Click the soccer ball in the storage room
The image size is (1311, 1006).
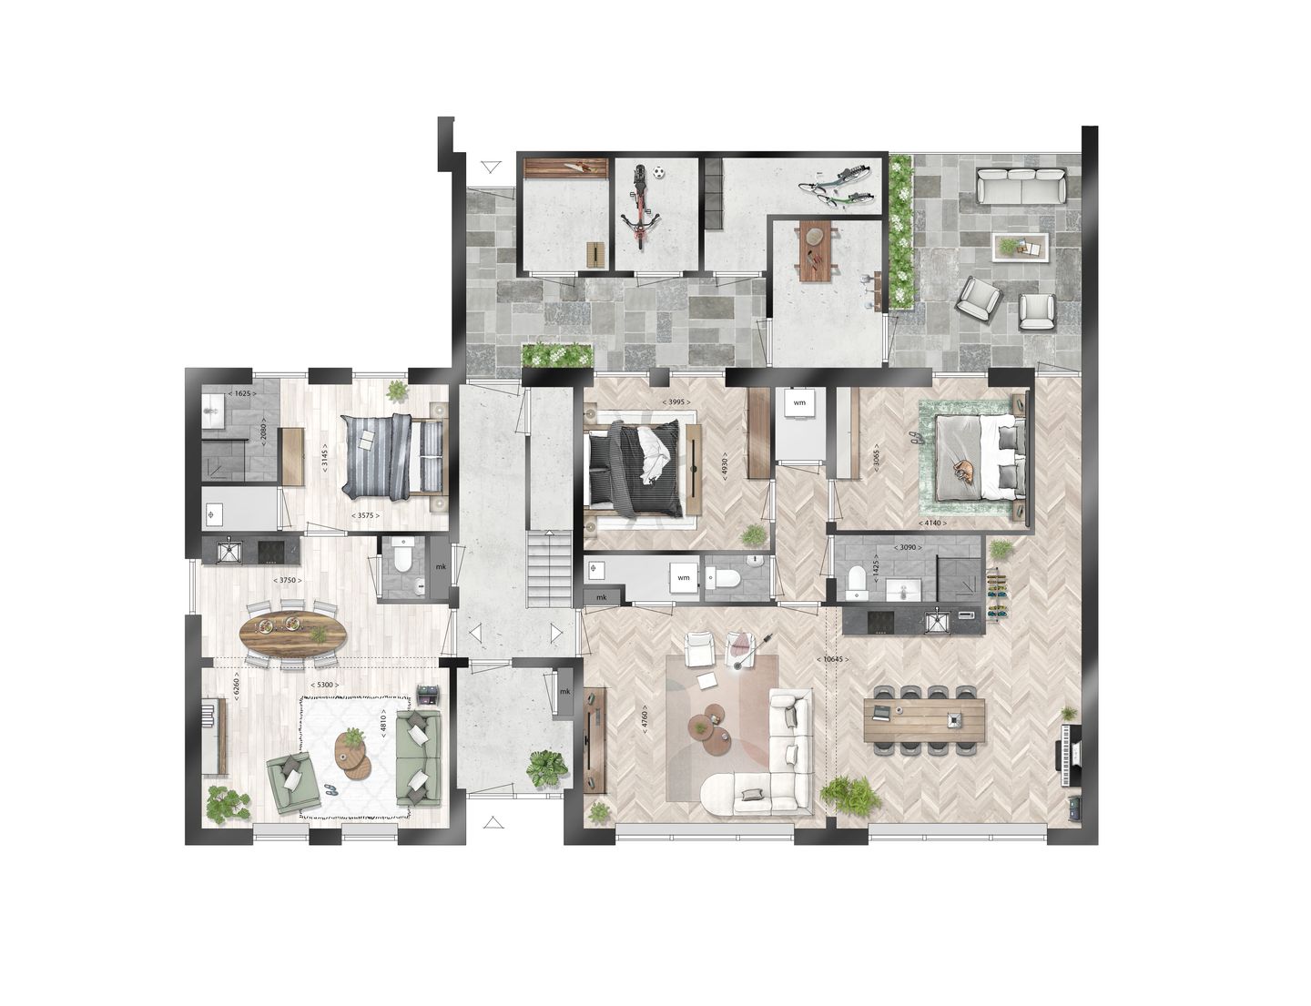662,170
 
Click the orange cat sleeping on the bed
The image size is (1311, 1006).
962,471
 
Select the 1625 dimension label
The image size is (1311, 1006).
240,393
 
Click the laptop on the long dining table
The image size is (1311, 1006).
881,710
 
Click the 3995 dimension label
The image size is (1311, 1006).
673,401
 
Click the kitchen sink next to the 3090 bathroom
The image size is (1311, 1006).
937,622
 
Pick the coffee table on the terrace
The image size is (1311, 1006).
1021,245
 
